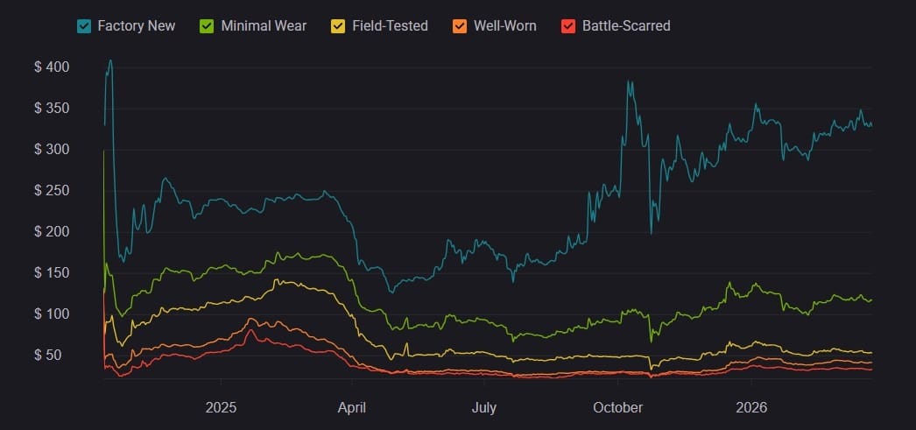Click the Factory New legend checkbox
click(84, 26)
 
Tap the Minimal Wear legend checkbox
click(208, 26)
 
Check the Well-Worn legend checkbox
click(460, 26)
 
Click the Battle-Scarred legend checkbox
click(568, 26)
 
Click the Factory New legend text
click(136, 26)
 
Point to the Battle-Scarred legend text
click(626, 26)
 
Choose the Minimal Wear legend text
click(264, 26)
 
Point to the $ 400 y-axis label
click(52, 67)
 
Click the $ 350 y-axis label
click(52, 109)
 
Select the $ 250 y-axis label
click(52, 191)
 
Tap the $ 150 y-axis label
click(52, 273)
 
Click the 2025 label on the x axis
click(221, 407)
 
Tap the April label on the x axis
click(351, 407)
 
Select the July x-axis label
click(483, 407)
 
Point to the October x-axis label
click(617, 407)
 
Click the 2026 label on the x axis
click(751, 407)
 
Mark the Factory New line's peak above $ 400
click(110, 60)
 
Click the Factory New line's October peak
click(628, 81)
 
